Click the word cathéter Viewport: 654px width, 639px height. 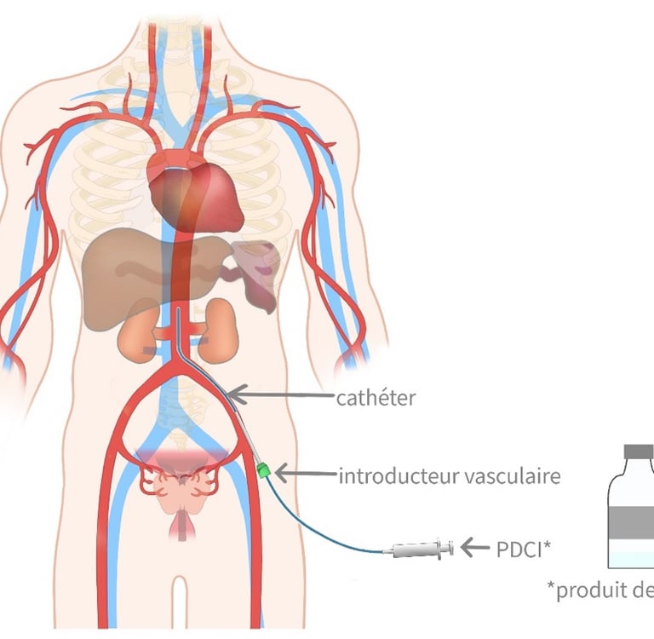pyautogui.click(x=376, y=397)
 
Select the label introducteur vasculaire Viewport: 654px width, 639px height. pyautogui.click(x=450, y=475)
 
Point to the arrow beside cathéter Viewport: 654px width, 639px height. pyautogui.click(x=281, y=394)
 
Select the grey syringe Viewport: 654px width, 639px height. pyautogui.click(x=419, y=550)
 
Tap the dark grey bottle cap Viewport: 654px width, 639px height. pyautogui.click(x=638, y=451)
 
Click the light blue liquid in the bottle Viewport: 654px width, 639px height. pyautogui.click(x=634, y=558)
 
